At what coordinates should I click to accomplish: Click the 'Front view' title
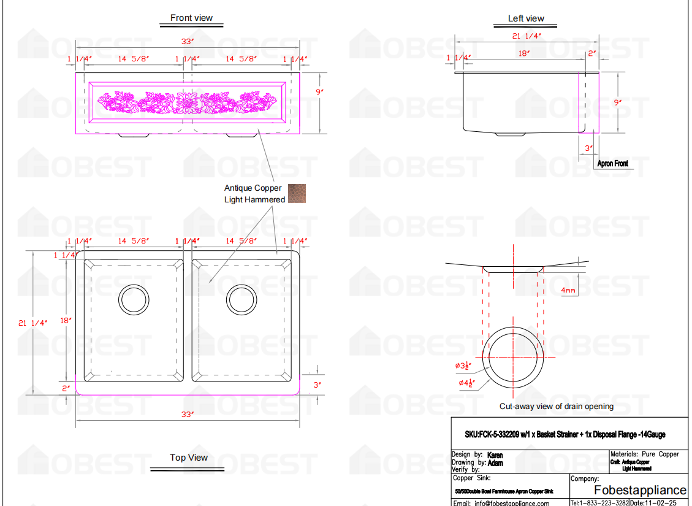point(191,18)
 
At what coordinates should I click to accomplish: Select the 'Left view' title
point(526,18)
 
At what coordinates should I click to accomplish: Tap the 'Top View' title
point(189,458)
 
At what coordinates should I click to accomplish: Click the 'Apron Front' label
point(613,164)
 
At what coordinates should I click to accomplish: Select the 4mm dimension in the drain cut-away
point(569,290)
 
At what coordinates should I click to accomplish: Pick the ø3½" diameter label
point(466,366)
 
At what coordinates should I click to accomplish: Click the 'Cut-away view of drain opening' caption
point(556,406)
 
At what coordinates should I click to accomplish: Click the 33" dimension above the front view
point(188,41)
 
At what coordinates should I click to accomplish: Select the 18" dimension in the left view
point(523,53)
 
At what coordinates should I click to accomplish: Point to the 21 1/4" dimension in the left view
point(527,36)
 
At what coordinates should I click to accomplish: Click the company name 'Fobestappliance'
point(640,490)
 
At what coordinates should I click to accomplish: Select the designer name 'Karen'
point(495,456)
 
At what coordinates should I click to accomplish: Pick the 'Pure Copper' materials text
point(660,454)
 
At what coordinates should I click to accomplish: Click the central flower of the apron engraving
point(185,102)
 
